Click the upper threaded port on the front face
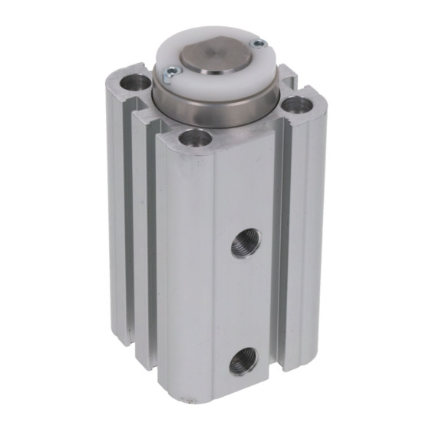[245, 243]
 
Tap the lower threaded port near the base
[243, 359]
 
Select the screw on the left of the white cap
[170, 72]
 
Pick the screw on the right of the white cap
[258, 44]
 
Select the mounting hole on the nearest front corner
[195, 138]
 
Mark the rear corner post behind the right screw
[287, 74]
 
